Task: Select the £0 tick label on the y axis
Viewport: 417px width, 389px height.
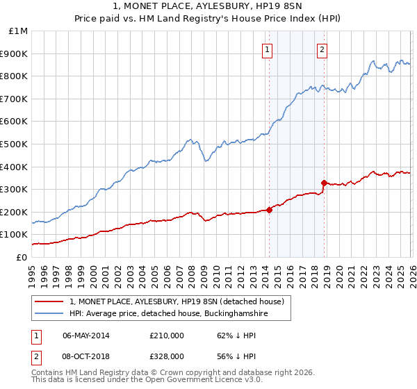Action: click(22, 257)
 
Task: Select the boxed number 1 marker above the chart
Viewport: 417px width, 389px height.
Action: click(268, 49)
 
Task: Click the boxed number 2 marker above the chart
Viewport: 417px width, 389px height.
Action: click(322, 49)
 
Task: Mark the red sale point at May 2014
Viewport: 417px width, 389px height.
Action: click(269, 210)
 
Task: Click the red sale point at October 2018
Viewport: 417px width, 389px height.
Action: click(323, 183)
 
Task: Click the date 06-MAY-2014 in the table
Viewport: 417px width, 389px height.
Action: click(86, 336)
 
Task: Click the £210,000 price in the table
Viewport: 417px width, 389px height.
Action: click(167, 336)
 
